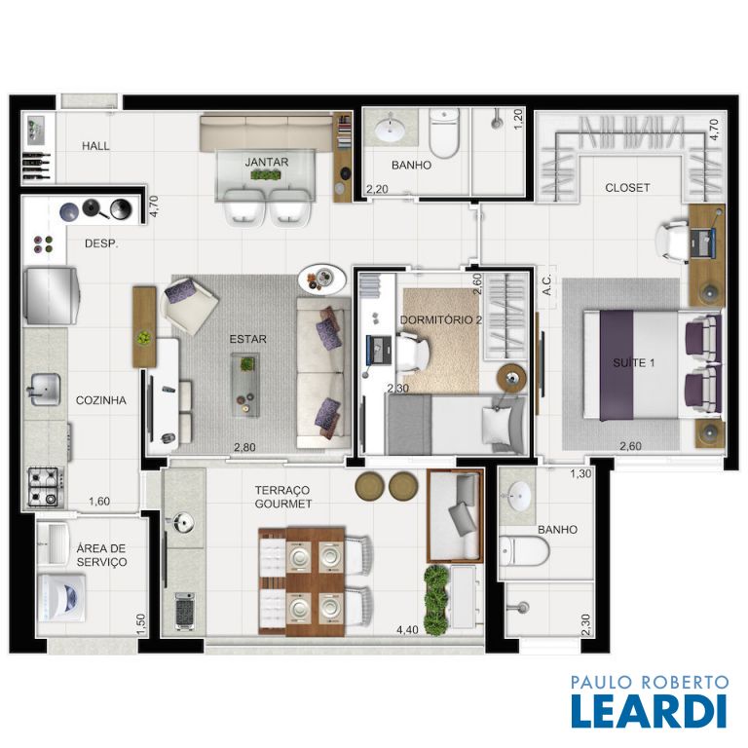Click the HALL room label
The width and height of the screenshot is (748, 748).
[95, 146]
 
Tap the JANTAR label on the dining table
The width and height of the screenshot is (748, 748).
[267, 163]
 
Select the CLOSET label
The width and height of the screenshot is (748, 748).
[627, 188]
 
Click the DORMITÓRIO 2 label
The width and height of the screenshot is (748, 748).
[441, 319]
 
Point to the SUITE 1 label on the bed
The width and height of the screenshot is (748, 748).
[633, 363]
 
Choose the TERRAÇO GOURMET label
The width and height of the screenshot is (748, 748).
[283, 497]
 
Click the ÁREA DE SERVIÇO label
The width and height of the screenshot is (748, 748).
[101, 555]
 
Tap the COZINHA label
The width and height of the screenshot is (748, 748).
[101, 400]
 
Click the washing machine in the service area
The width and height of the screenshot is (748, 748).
[61, 598]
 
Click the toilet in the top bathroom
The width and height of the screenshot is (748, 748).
[444, 132]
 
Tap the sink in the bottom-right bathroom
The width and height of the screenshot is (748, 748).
[518, 496]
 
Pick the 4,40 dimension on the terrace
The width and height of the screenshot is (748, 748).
[407, 630]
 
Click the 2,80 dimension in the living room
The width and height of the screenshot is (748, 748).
[244, 447]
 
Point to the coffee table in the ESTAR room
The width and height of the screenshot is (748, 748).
[246, 385]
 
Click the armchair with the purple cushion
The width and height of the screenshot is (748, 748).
[189, 304]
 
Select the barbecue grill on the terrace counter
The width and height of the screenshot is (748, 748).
[185, 611]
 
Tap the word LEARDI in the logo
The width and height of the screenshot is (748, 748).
[650, 711]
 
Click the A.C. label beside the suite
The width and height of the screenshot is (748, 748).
[547, 284]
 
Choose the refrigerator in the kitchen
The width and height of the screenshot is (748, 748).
[51, 296]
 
